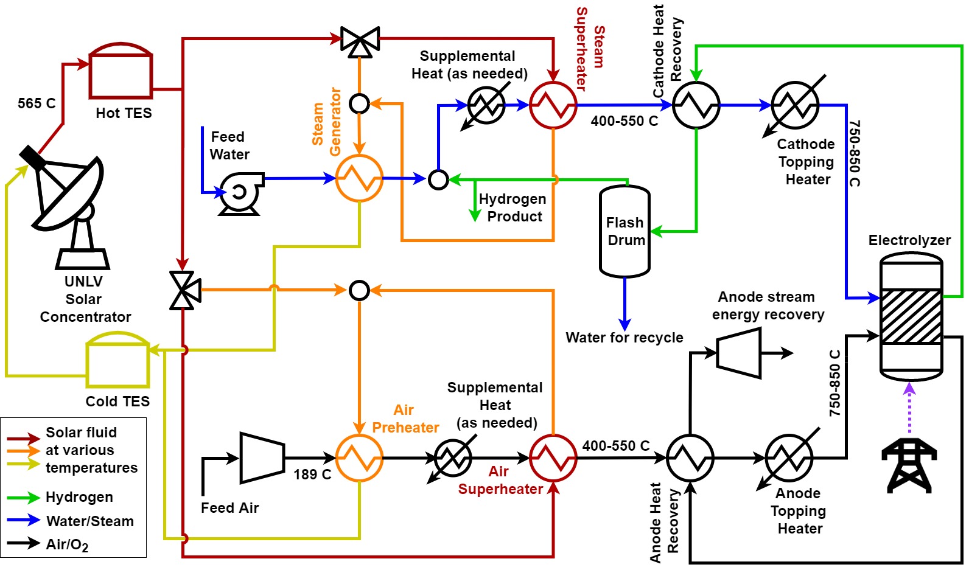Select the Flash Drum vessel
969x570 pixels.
(x=624, y=231)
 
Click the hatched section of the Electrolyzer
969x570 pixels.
(x=911, y=316)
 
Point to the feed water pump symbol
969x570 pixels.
(x=240, y=193)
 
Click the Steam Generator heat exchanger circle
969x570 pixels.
(x=359, y=178)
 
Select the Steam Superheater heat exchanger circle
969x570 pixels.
(x=553, y=105)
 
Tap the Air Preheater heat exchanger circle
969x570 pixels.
(x=359, y=457)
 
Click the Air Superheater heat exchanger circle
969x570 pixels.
(x=553, y=457)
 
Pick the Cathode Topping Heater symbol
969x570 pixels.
(x=795, y=105)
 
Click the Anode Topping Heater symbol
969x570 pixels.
(x=789, y=457)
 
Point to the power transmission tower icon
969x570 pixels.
(x=909, y=465)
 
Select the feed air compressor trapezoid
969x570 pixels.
(x=262, y=457)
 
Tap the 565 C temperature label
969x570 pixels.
(x=37, y=103)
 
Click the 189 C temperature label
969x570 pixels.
(x=312, y=474)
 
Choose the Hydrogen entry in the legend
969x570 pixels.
(x=79, y=497)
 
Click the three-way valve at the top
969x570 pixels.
(x=360, y=41)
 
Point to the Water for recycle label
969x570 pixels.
(x=624, y=338)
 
